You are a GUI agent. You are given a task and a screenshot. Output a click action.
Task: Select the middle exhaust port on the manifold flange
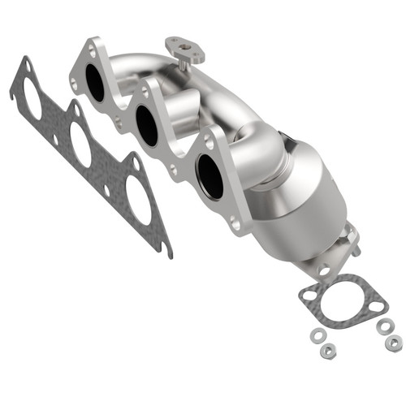[x=147, y=125]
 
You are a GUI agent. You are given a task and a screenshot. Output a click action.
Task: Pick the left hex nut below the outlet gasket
[x=327, y=350]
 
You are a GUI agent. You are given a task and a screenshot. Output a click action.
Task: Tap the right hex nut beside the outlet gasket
[x=393, y=343]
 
